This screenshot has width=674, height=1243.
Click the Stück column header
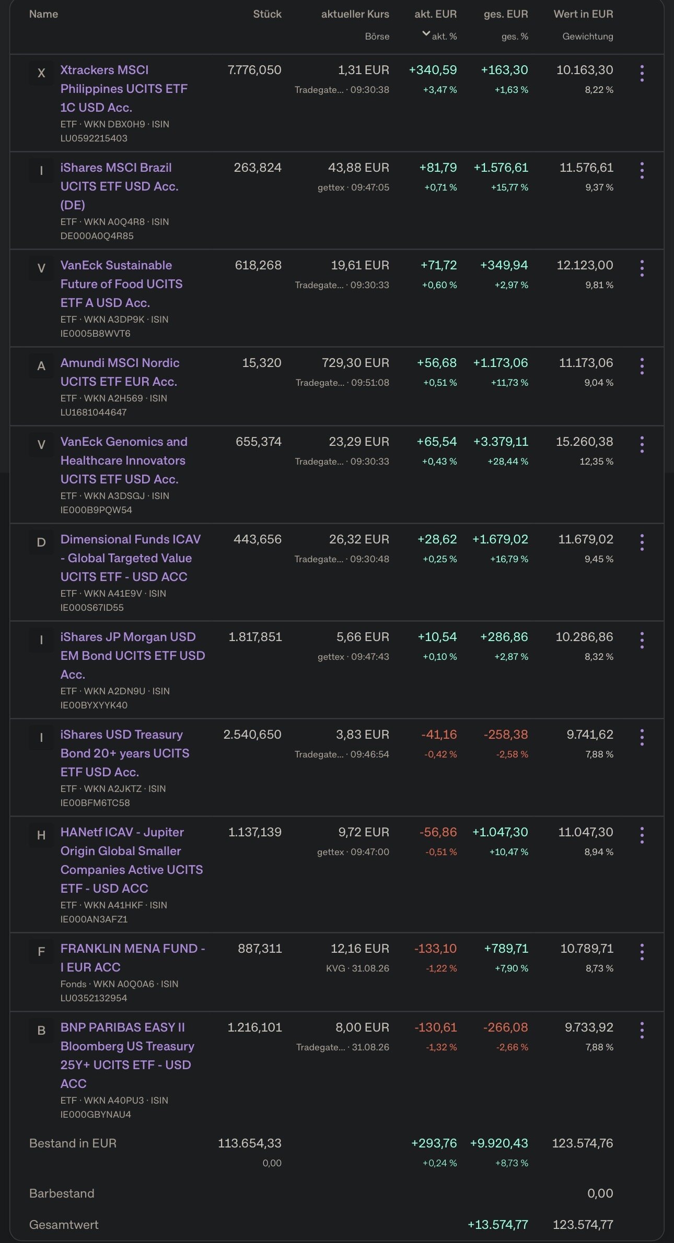pyautogui.click(x=267, y=14)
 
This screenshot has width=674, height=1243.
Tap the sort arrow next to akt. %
pyautogui.click(x=426, y=34)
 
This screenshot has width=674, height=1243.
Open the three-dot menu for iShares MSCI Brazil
pyautogui.click(x=642, y=171)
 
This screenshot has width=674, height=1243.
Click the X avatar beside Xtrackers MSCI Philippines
pyautogui.click(x=41, y=73)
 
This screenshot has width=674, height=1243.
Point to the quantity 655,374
pyautogui.click(x=259, y=442)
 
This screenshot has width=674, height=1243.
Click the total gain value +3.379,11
pyautogui.click(x=501, y=442)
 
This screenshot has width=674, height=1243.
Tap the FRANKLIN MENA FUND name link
pyautogui.click(x=133, y=958)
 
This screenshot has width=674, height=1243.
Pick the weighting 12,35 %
pyautogui.click(x=596, y=461)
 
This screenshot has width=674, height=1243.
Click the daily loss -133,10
pyautogui.click(x=435, y=949)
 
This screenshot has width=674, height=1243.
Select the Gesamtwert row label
pyautogui.click(x=64, y=1225)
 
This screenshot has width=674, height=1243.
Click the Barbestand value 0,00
pyautogui.click(x=600, y=1193)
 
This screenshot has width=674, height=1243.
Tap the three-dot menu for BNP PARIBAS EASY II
pyautogui.click(x=642, y=1031)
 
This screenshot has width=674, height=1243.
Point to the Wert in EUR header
pyautogui.click(x=583, y=14)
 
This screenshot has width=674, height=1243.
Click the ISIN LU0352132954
pyautogui.click(x=94, y=998)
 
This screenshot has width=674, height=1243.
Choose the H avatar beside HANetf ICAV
pyautogui.click(x=41, y=835)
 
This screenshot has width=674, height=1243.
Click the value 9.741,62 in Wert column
pyautogui.click(x=590, y=735)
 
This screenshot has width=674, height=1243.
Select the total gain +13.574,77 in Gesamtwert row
pyautogui.click(x=498, y=1225)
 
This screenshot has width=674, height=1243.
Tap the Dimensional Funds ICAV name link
pyautogui.click(x=131, y=558)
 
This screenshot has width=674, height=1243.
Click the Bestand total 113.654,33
pyautogui.click(x=250, y=1143)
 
